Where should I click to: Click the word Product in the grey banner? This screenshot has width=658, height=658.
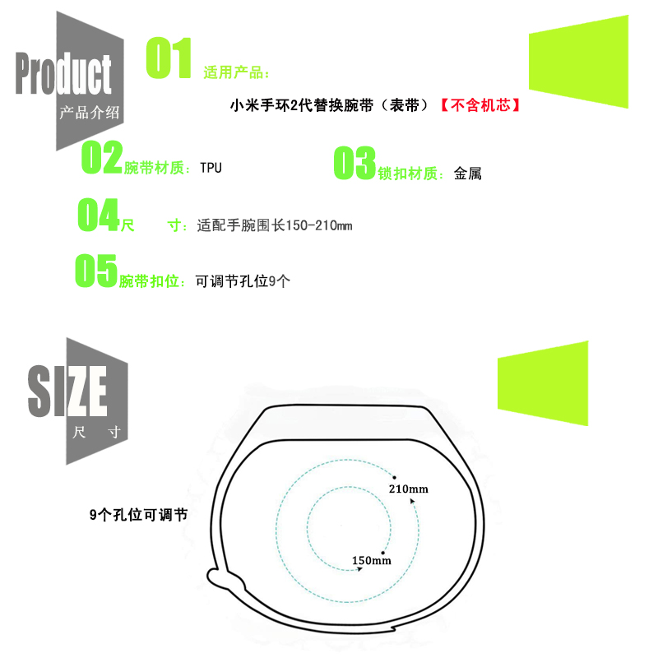[x=63, y=75]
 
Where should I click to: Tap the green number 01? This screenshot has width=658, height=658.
[x=169, y=59]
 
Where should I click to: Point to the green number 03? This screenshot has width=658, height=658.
[x=354, y=164]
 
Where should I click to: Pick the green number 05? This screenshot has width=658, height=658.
[x=96, y=271]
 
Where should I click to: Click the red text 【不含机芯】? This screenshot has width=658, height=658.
[x=480, y=106]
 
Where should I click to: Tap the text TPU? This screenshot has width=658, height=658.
[x=211, y=168]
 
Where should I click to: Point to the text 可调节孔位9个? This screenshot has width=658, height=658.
[x=243, y=280]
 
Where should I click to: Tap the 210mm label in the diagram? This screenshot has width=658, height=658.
[x=408, y=489]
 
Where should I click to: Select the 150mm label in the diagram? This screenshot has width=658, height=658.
[x=371, y=561]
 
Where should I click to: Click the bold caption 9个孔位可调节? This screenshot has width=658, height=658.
[x=138, y=515]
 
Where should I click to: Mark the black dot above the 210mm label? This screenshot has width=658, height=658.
[x=395, y=476]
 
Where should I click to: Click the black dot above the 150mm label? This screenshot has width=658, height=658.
[x=383, y=552]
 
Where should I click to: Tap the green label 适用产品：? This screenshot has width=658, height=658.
[x=236, y=73]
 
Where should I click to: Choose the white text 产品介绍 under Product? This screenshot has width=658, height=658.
[x=90, y=114]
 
